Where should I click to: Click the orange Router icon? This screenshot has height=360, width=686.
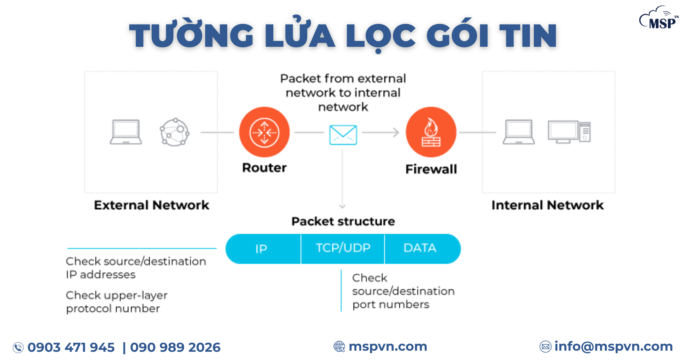[x=264, y=132]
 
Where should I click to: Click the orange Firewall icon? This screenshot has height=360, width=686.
[x=431, y=132]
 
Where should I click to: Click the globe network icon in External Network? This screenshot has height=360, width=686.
[x=175, y=132]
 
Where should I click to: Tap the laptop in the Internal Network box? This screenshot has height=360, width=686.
[x=518, y=132]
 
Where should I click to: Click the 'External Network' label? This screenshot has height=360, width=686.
[x=151, y=205]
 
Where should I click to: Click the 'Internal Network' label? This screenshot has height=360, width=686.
[x=547, y=205]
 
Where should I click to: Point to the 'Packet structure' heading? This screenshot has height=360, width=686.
[x=343, y=221]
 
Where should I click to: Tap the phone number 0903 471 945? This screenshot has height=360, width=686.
[x=71, y=347]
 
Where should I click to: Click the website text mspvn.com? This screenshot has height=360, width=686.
[x=388, y=346]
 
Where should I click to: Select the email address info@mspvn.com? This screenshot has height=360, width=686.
[x=613, y=346]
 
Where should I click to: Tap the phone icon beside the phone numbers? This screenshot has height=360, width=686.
[x=18, y=348]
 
